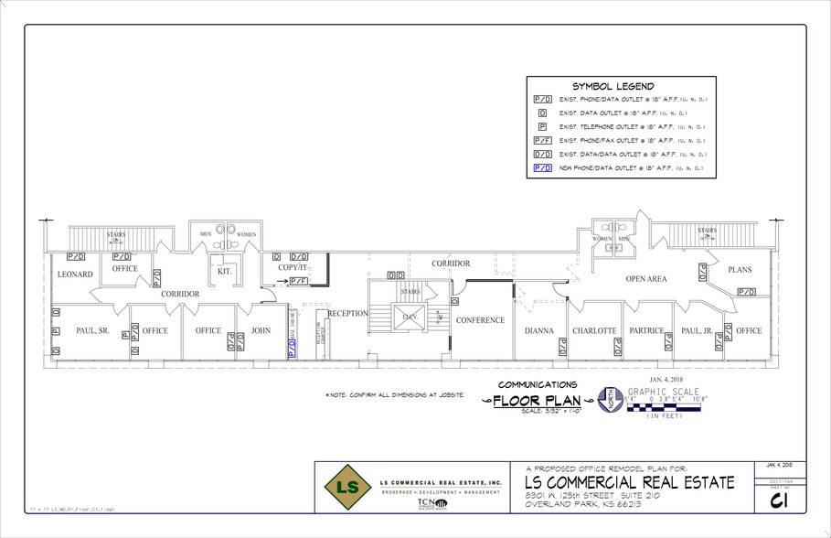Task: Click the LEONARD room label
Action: (75, 274)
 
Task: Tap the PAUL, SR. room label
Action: (92, 330)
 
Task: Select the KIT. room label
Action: (222, 271)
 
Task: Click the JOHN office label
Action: (261, 330)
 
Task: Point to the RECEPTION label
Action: (347, 313)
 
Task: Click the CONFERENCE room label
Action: (480, 320)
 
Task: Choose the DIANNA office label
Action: (539, 330)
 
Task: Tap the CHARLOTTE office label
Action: (594, 330)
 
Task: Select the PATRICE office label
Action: (646, 330)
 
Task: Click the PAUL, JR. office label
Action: (697, 330)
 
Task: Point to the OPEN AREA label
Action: (645, 279)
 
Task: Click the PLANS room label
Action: (740, 270)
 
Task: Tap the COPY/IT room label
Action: (293, 267)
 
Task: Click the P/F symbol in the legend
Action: (542, 140)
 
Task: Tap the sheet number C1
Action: (779, 500)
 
